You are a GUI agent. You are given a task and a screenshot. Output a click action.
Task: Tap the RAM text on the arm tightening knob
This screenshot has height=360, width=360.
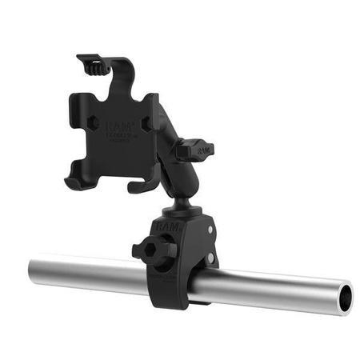(x=206, y=149)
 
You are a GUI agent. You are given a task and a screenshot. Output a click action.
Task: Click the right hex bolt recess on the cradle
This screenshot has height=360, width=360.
(x=146, y=124)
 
